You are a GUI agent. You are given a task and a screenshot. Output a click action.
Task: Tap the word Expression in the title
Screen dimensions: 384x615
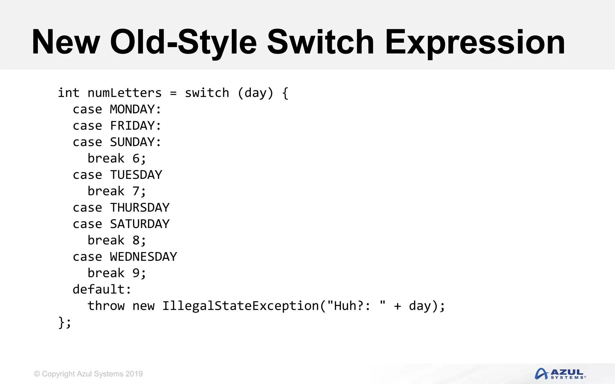[475, 43]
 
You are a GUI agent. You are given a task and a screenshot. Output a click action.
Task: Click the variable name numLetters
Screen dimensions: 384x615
[125, 93]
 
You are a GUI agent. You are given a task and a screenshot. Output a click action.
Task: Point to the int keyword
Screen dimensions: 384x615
[68, 93]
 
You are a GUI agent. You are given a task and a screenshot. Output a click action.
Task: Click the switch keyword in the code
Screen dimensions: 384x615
[207, 93]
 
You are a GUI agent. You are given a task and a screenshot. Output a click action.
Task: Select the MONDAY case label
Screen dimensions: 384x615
[132, 109]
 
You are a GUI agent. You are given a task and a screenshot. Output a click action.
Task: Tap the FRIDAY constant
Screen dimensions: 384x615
[132, 126]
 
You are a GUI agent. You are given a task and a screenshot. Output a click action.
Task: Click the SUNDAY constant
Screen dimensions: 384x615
[132, 142]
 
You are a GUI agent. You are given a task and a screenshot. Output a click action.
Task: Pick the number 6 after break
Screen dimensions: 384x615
[136, 158]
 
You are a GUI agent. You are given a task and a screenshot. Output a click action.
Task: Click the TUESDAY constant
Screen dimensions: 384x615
[136, 175]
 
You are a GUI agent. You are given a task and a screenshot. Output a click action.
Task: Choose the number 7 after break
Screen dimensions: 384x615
[136, 191]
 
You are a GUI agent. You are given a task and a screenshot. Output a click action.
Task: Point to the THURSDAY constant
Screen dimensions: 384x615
[140, 208]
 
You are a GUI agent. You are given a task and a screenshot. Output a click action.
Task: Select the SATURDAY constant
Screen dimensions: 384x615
[140, 224]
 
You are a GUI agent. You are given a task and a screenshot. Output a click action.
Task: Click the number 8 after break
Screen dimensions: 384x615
[136, 240]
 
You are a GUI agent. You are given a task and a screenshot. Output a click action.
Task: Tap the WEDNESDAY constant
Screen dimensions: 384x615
[144, 257]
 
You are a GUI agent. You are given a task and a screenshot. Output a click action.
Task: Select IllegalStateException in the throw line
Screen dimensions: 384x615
[240, 306]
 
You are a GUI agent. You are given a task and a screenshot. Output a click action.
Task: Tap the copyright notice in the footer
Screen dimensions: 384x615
[88, 374]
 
